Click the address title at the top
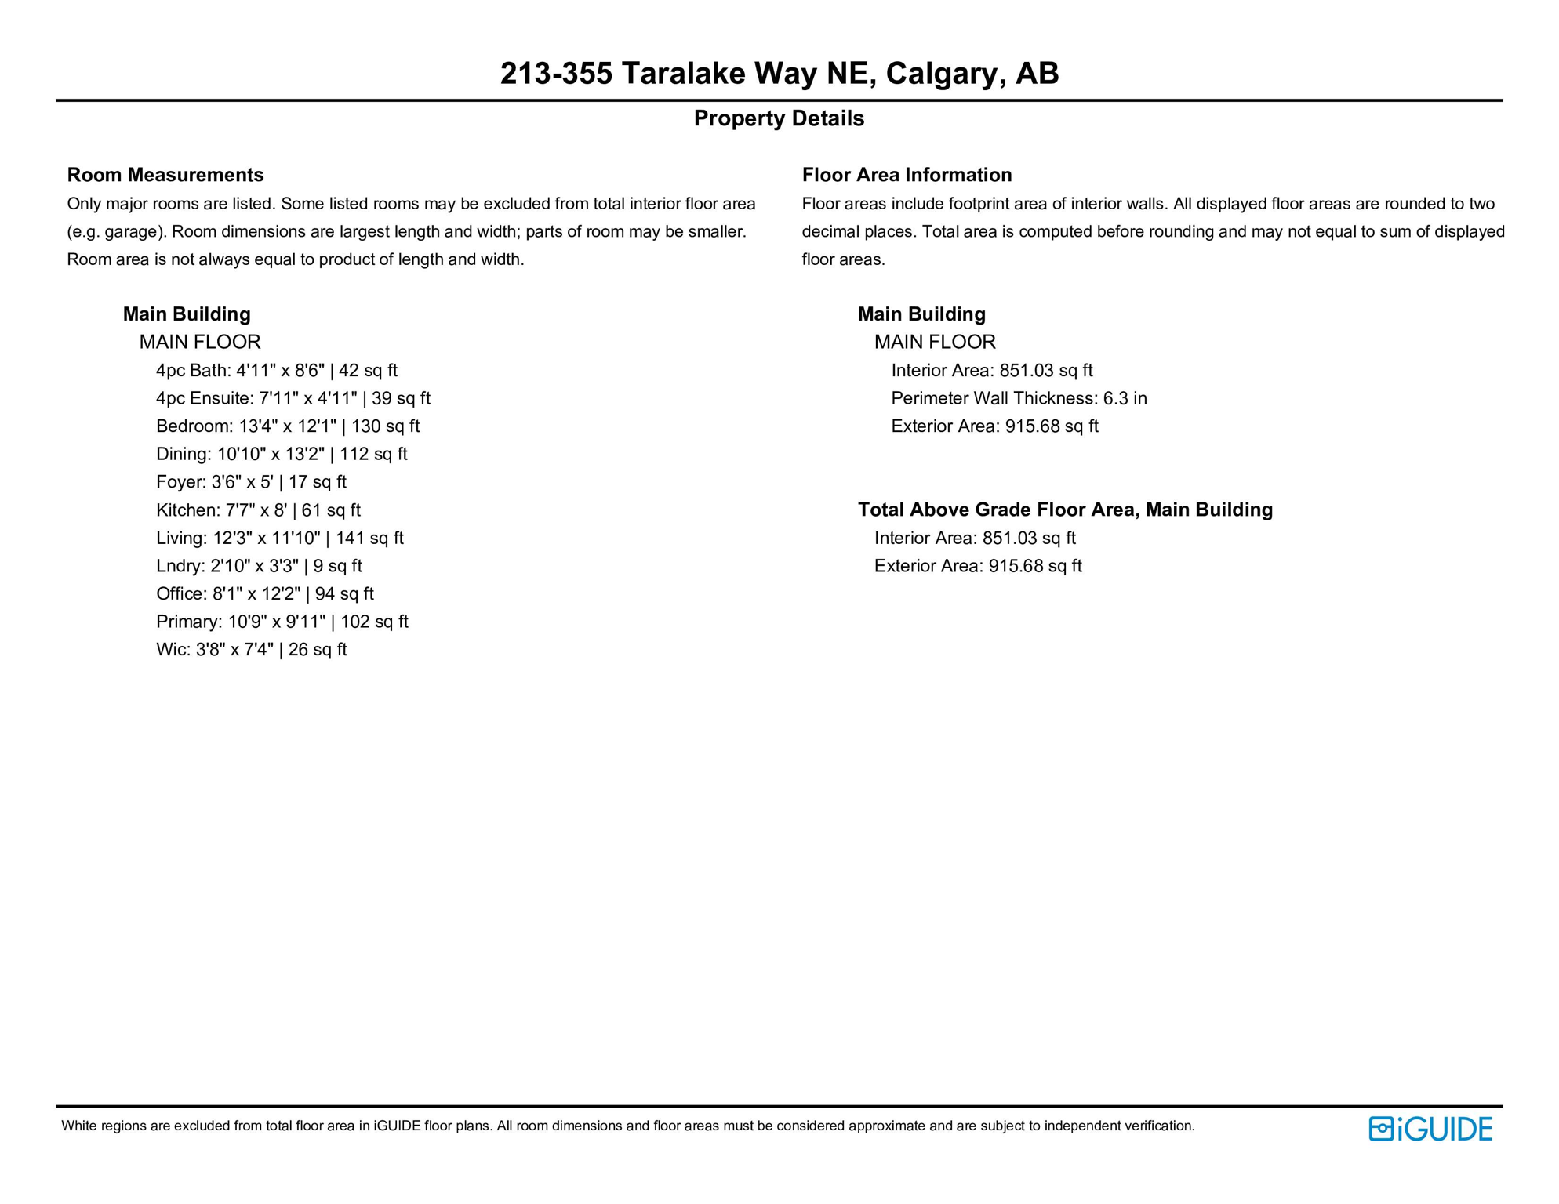tap(779, 74)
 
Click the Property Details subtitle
tap(779, 118)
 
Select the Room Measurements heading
tap(165, 175)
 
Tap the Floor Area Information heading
tap(907, 175)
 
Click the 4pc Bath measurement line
tap(276, 371)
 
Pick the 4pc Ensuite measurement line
tap(293, 398)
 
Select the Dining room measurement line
tap(282, 455)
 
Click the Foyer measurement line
tap(251, 482)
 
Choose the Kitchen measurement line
tap(258, 510)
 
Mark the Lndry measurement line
tap(259, 566)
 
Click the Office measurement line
tap(264, 594)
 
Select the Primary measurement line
tap(282, 622)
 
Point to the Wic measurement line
tap(251, 650)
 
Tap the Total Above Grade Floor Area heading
tap(1065, 510)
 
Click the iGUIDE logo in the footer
tap(1430, 1130)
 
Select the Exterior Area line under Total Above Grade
tap(978, 566)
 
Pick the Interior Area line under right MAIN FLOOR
tap(991, 371)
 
